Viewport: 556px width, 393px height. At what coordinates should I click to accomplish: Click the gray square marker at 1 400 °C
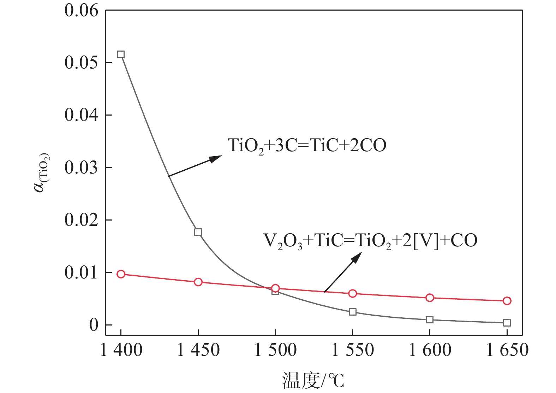pyautogui.click(x=121, y=54)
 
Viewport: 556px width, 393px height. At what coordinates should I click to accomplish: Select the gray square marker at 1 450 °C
pyautogui.click(x=198, y=232)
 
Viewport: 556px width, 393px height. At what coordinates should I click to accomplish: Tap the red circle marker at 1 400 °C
pyautogui.click(x=121, y=274)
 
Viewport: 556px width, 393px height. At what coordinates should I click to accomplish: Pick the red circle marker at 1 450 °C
pyautogui.click(x=198, y=282)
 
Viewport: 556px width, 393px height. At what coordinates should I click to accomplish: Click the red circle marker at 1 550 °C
pyautogui.click(x=352, y=293)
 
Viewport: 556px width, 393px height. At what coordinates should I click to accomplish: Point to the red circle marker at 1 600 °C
pyautogui.click(x=430, y=298)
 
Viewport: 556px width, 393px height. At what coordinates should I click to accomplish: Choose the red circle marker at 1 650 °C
pyautogui.click(x=507, y=301)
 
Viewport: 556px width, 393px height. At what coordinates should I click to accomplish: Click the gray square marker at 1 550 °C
pyautogui.click(x=352, y=312)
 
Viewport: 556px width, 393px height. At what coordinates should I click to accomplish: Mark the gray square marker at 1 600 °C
pyautogui.click(x=430, y=319)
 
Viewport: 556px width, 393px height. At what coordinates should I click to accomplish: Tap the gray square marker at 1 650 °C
pyautogui.click(x=507, y=322)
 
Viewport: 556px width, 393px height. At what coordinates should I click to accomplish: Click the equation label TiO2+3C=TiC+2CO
pyautogui.click(x=307, y=146)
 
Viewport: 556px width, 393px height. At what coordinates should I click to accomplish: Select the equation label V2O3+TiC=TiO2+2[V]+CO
pyautogui.click(x=370, y=241)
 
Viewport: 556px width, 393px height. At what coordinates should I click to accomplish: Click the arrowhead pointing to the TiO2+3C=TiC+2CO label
pyautogui.click(x=216, y=159)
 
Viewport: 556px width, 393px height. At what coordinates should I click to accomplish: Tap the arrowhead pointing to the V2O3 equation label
pyautogui.click(x=357, y=257)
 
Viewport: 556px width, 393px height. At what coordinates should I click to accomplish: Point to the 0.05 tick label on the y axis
pyautogui.click(x=81, y=63)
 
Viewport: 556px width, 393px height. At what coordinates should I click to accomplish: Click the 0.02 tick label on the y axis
pyautogui.click(x=81, y=220)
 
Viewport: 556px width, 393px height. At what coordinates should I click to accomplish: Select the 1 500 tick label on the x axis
pyautogui.click(x=275, y=350)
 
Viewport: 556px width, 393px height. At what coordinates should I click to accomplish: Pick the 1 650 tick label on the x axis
pyautogui.click(x=507, y=350)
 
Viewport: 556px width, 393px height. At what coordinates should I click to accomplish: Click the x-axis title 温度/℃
pyautogui.click(x=313, y=381)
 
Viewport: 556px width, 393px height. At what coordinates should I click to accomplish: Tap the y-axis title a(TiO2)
pyautogui.click(x=42, y=172)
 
